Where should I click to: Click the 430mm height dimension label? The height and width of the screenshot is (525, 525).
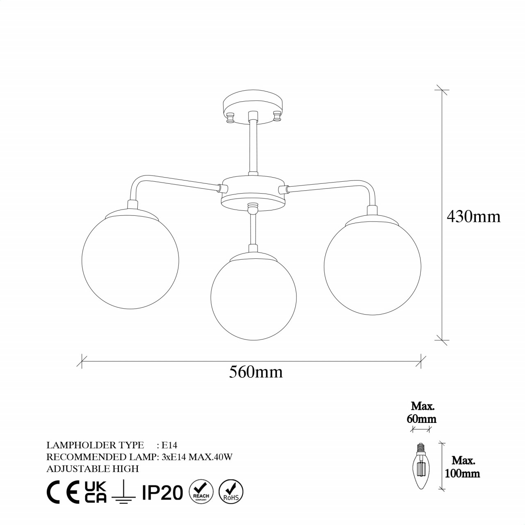[x=473, y=216]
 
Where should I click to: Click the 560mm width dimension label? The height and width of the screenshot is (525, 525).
[x=256, y=372]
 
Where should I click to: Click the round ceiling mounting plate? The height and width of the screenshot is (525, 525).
[x=253, y=106]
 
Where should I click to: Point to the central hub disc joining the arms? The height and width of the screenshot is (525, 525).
[x=253, y=193]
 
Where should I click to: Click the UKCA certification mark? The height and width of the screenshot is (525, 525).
[x=96, y=492]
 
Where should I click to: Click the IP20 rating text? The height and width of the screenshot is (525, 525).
[x=162, y=492]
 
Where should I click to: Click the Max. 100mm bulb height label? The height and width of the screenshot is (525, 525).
[x=463, y=467]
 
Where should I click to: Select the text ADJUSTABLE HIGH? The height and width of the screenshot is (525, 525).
[x=93, y=468]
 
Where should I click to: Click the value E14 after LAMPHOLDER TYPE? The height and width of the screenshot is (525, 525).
[x=169, y=445]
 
